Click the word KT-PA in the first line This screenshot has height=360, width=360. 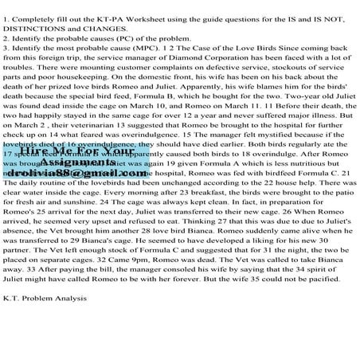(107, 8)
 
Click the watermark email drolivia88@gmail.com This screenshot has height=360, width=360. (79, 171)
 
